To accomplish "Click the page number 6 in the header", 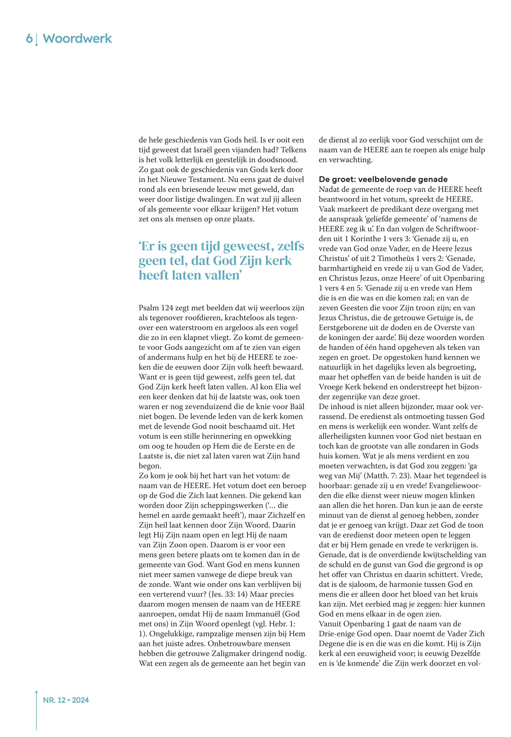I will [x=29, y=39].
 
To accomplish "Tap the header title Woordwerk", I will [x=78, y=39].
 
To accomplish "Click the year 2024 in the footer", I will [x=80, y=700].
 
